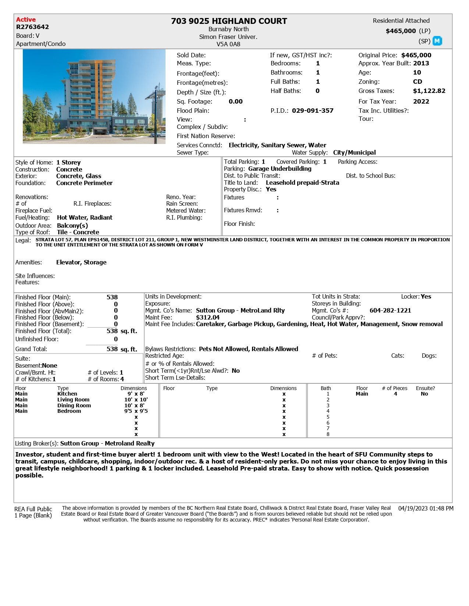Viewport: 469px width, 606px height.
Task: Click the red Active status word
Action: [26, 20]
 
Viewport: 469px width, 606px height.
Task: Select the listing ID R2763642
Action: [32, 27]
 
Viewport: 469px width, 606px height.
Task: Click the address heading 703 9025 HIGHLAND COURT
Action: [229, 21]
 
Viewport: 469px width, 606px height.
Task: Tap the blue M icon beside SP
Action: [437, 41]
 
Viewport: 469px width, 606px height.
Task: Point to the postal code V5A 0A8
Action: [228, 44]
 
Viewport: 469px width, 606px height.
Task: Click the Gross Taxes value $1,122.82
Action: [429, 91]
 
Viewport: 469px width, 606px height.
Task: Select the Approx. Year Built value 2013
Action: [421, 63]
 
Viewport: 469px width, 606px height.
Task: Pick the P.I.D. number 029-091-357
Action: [313, 111]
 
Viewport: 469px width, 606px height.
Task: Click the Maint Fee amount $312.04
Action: [207, 317]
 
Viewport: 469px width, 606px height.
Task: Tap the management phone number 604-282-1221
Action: [390, 310]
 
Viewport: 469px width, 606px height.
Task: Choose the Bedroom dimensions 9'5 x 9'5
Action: [136, 411]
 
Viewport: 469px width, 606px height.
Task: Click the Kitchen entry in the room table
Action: [67, 394]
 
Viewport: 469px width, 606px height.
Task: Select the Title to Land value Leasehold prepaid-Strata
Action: [302, 183]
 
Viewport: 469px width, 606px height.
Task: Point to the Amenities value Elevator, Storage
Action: [81, 262]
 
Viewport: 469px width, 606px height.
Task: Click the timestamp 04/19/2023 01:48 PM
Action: [426, 508]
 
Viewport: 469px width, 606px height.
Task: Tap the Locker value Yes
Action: [426, 296]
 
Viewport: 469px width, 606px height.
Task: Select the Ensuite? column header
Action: [425, 388]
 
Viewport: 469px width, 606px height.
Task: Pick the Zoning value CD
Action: [418, 82]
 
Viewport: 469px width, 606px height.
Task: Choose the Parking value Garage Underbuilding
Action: [280, 169]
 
